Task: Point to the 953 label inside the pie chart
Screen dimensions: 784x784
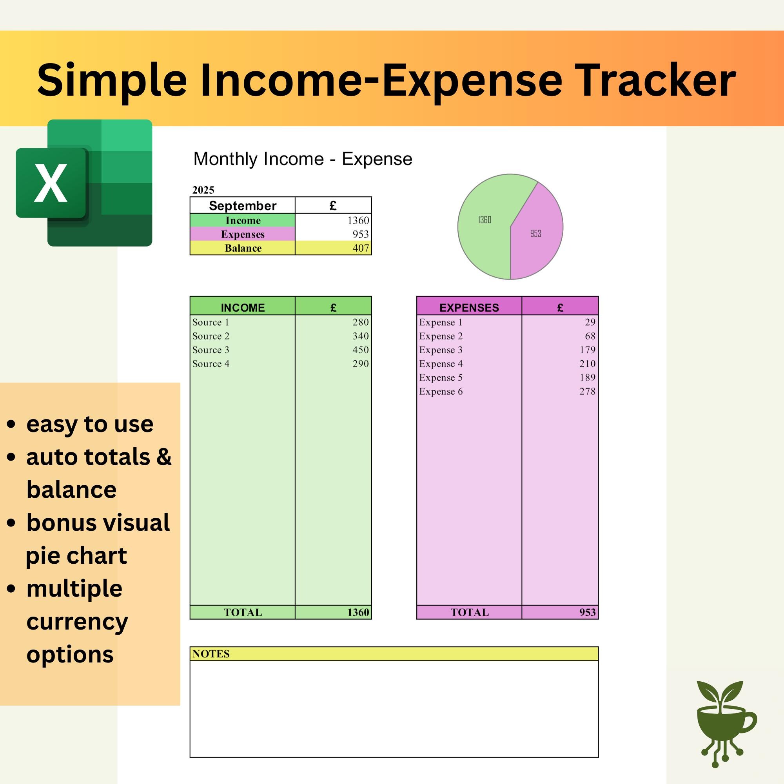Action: click(x=535, y=234)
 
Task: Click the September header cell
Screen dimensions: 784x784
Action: click(x=243, y=206)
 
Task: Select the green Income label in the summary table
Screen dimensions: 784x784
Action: click(x=243, y=220)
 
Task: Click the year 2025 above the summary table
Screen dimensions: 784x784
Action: click(x=203, y=190)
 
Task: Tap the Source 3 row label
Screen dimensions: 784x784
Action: click(x=211, y=350)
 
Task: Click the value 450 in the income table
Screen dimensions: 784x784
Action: click(x=360, y=350)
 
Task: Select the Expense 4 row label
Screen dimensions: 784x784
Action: click(x=441, y=364)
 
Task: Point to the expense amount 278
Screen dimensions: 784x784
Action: click(x=587, y=391)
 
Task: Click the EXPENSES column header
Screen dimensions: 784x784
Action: click(x=469, y=308)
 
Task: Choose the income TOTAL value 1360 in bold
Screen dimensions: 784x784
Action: click(x=358, y=612)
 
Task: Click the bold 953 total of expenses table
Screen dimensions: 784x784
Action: click(x=588, y=612)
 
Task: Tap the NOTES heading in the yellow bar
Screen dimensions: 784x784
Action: click(x=211, y=654)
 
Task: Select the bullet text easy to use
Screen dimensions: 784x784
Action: click(x=90, y=425)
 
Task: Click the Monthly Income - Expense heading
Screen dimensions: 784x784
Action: click(x=303, y=159)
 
